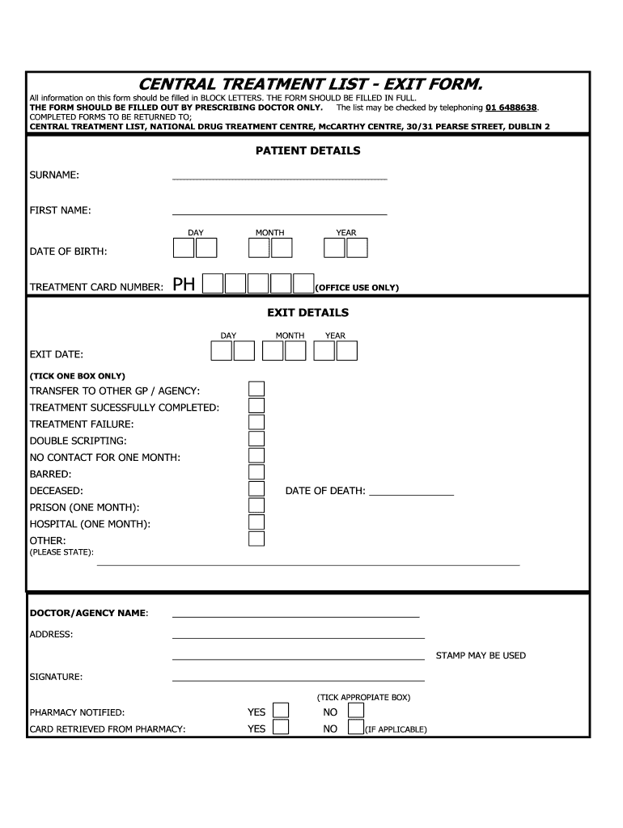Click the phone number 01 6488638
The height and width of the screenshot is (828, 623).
511,108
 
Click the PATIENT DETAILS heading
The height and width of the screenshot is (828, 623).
307,150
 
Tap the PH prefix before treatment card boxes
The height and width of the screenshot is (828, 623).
184,284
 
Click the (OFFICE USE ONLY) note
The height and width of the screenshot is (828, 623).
357,288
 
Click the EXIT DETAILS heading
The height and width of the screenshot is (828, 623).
307,312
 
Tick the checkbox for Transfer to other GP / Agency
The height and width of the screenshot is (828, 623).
256,390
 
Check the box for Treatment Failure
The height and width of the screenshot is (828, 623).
256,423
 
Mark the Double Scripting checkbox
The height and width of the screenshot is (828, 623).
256,440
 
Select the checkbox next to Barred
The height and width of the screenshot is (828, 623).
256,473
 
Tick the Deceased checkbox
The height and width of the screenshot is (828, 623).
256,489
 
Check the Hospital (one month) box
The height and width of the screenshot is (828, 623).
256,523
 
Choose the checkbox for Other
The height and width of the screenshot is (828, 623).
256,539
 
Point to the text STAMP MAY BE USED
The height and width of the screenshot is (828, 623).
481,656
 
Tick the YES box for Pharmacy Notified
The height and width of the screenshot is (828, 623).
281,710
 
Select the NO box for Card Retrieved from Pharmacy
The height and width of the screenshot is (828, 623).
355,727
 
